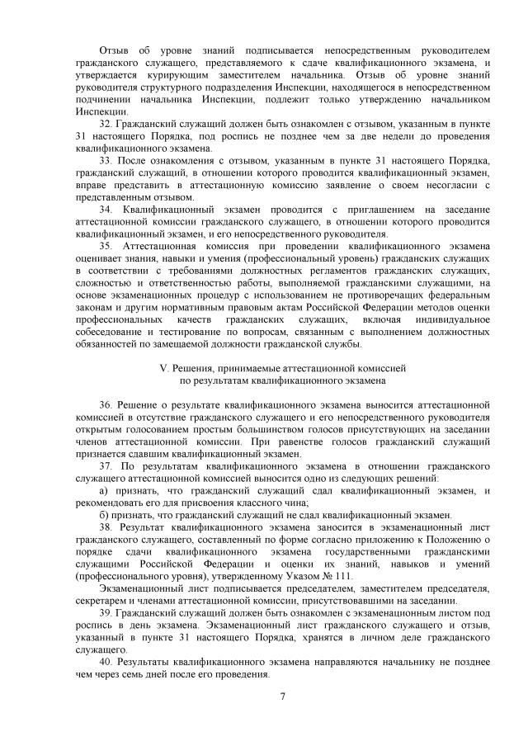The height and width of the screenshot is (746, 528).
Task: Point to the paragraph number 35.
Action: pos(105,247)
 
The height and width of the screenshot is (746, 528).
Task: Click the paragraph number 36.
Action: pos(105,407)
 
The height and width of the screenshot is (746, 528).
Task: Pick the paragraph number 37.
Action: pos(105,466)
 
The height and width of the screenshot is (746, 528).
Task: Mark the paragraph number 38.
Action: pos(105,526)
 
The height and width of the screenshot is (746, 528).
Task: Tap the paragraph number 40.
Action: pos(105,663)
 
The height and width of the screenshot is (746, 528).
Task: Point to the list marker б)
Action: pos(103,514)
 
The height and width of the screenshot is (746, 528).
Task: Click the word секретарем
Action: pos(99,601)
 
